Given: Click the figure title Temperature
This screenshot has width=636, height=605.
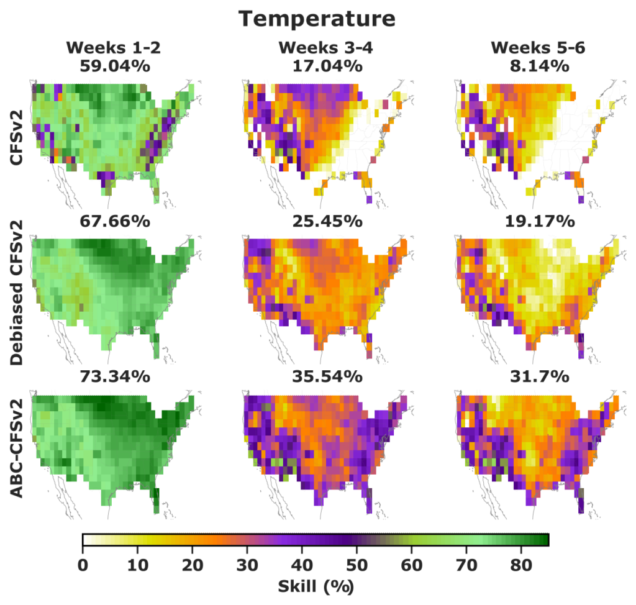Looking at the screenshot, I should click(317, 19).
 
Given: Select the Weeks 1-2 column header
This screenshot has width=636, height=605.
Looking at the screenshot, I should click(114, 48).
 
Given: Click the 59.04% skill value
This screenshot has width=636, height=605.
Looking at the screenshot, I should click(114, 66).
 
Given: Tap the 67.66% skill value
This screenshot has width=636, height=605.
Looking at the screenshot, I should click(114, 222).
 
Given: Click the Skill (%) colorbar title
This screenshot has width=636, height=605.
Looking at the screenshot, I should click(317, 585).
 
